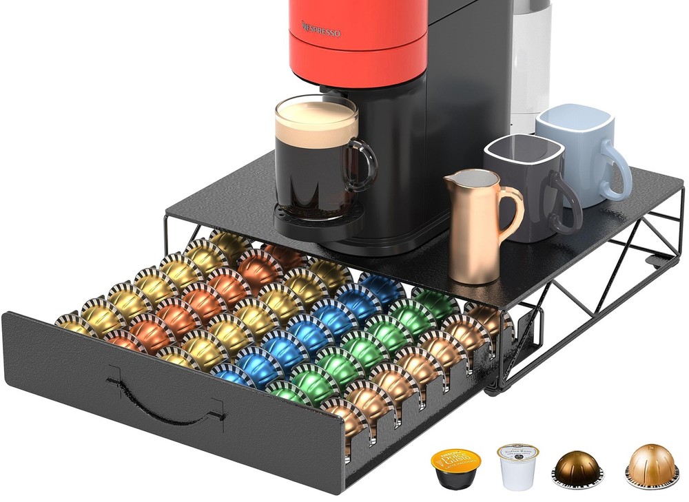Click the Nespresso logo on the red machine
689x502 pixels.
coord(321,28)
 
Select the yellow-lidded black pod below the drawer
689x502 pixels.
coord(455,468)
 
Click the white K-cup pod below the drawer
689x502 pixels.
coord(517,466)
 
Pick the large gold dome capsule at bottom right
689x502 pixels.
coord(652,464)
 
